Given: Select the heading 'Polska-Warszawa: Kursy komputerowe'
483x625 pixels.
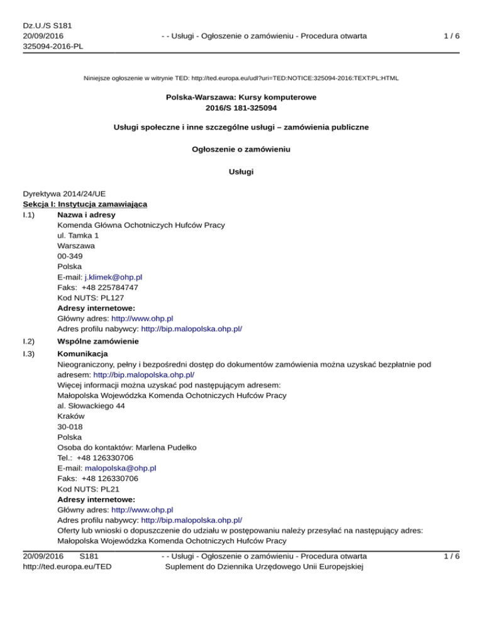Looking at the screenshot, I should [241, 98].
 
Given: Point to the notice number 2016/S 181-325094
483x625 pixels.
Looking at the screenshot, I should [241, 108].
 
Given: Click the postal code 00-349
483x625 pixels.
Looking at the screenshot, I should [69, 257].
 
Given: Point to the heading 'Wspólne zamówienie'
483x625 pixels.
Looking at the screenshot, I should [97, 341].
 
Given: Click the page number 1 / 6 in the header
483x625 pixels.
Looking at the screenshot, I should [451, 36].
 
